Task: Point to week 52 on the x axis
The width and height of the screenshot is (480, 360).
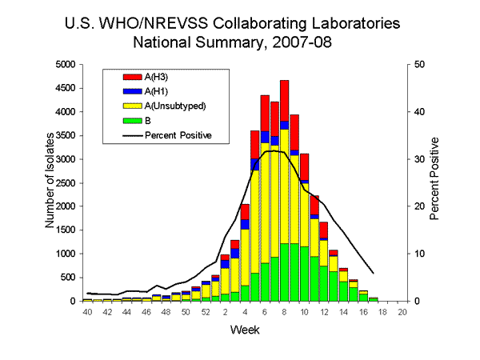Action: (x=206, y=312)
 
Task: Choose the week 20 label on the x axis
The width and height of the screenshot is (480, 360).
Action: (x=402, y=312)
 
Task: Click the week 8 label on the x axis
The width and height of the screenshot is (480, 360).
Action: (x=285, y=312)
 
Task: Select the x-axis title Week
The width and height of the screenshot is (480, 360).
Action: (x=244, y=330)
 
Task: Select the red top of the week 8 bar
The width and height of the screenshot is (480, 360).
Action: (x=285, y=100)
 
